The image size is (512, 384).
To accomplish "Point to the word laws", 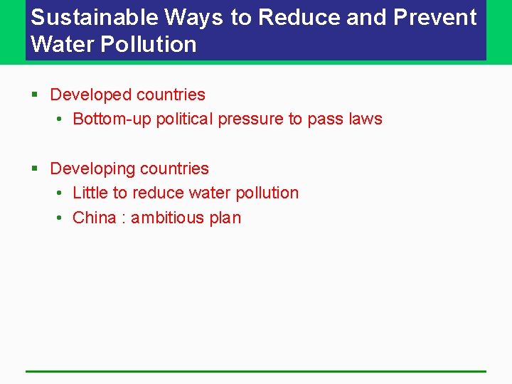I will click(x=364, y=119).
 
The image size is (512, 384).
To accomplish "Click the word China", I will click(x=94, y=218).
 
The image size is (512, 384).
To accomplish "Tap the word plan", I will click(x=225, y=218).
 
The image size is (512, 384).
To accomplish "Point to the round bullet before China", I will click(x=60, y=218).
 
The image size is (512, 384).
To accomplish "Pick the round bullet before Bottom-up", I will click(x=60, y=119).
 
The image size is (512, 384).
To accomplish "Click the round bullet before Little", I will click(x=60, y=193).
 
